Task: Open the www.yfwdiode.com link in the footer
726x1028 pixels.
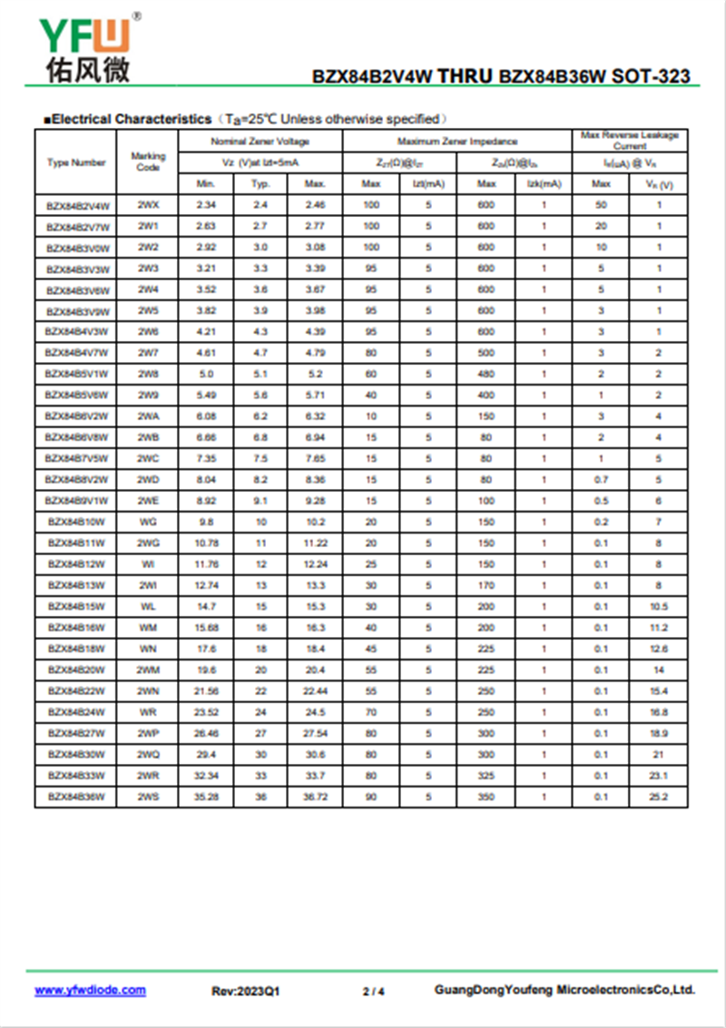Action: coord(90,990)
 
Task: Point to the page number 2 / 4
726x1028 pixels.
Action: coord(373,991)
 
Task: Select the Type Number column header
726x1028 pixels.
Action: coord(76,162)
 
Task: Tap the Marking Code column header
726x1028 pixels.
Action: coord(148,162)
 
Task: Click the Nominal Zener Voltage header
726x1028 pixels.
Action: coord(260,142)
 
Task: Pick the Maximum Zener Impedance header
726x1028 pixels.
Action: coord(457,142)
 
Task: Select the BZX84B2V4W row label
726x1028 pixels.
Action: coord(76,205)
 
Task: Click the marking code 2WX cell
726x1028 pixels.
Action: coord(148,205)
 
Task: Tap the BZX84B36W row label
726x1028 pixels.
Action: coord(76,797)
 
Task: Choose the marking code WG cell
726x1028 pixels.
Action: coord(148,522)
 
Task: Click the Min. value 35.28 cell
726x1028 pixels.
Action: coord(205,797)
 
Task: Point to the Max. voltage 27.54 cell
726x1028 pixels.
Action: coord(315,733)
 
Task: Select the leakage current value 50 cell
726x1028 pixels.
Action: coord(601,205)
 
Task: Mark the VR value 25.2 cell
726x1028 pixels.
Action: coord(659,797)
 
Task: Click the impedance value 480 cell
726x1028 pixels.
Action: coord(486,374)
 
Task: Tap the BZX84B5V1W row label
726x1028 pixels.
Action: coord(76,374)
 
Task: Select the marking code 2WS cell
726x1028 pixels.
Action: coord(148,797)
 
